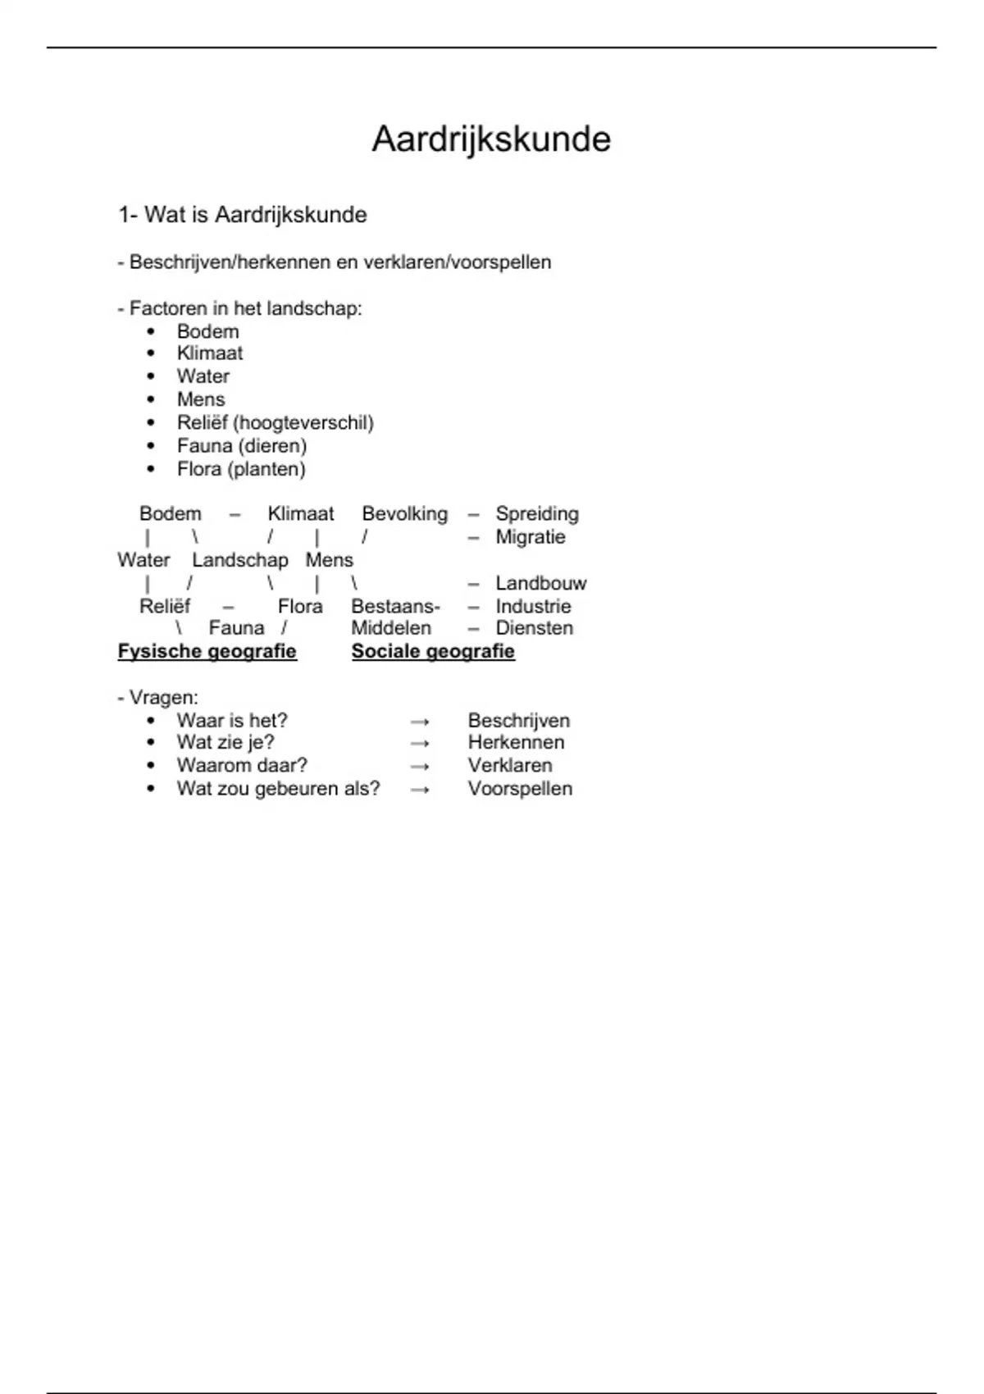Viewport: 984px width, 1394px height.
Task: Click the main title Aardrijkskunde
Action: tap(491, 139)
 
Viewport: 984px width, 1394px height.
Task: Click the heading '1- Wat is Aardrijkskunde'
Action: tap(242, 215)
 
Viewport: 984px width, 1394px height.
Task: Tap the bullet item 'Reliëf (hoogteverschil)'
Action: tap(275, 422)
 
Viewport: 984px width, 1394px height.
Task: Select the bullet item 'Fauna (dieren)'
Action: tap(241, 445)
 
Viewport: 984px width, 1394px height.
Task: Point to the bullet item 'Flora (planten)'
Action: tap(240, 469)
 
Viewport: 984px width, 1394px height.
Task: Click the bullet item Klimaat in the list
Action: tap(209, 353)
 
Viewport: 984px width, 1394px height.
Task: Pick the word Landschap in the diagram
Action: tap(239, 560)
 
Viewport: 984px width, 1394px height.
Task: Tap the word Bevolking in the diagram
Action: tap(405, 513)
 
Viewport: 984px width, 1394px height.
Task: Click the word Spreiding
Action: tap(537, 513)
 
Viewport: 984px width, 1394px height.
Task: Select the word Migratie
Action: tap(531, 537)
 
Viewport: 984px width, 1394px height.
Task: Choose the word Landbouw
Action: tap(540, 583)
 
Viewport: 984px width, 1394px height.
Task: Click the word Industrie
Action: tap(533, 606)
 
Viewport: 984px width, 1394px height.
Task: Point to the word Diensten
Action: tap(534, 628)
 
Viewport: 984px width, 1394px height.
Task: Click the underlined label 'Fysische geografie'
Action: tap(207, 651)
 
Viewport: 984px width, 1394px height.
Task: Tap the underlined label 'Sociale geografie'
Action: tap(433, 651)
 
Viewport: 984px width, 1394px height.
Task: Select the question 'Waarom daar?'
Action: tap(241, 765)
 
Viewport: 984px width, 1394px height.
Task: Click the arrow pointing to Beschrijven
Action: tap(420, 722)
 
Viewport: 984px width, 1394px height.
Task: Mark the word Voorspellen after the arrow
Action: tap(520, 788)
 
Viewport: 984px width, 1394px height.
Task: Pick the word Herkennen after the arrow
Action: tap(516, 742)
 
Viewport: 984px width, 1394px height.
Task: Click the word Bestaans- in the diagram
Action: tap(395, 606)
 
